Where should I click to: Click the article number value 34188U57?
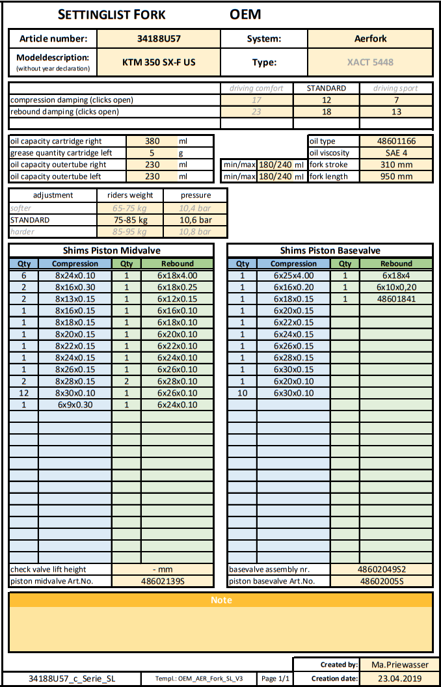click(x=158, y=38)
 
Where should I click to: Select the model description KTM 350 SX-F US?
click(x=158, y=62)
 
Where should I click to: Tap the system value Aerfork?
click(x=370, y=38)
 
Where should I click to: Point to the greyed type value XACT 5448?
click(x=370, y=62)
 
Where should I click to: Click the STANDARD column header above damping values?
click(x=327, y=88)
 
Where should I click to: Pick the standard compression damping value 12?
click(x=327, y=100)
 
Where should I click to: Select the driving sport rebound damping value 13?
click(x=396, y=112)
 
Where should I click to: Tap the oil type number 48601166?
click(x=396, y=141)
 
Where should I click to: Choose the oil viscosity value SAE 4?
click(x=396, y=153)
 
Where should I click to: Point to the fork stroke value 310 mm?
click(x=396, y=165)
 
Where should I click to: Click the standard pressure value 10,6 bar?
click(x=196, y=220)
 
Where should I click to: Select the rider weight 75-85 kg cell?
click(x=131, y=220)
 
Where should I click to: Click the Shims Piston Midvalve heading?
click(x=111, y=250)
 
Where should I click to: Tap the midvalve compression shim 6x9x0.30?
click(x=75, y=405)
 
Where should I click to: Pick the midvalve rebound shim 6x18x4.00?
click(x=177, y=276)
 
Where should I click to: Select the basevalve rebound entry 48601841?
click(x=396, y=299)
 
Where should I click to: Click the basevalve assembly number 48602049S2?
click(x=382, y=569)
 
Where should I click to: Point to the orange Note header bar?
click(x=220, y=600)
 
